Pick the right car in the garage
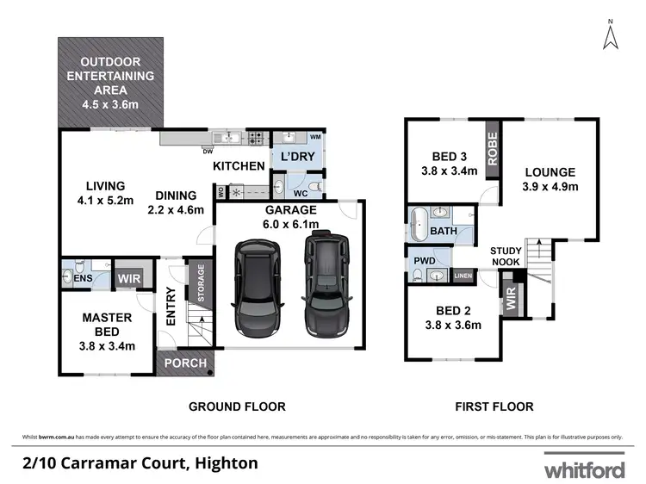(327, 285)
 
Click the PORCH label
(185, 363)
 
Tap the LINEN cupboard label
(463, 276)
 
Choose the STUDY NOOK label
(506, 256)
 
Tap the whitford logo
(584, 468)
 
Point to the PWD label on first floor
(425, 260)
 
